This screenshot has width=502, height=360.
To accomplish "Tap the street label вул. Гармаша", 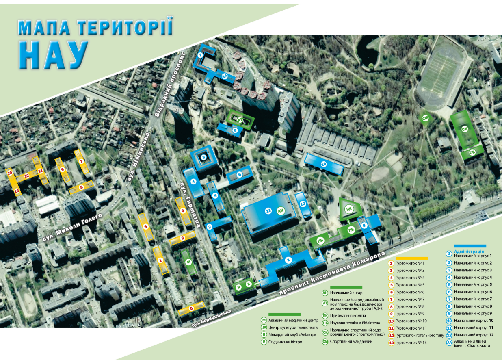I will pyautogui.click(x=190, y=204).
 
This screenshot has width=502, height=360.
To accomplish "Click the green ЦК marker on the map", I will pyautogui.click(x=348, y=209).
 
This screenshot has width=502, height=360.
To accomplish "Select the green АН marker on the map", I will pyautogui.click(x=280, y=211).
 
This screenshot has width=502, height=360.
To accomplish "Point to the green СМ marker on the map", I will pyautogui.click(x=426, y=118).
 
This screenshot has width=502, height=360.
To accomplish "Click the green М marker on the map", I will pyautogui.click(x=188, y=262).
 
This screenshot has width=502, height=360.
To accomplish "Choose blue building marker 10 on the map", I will pyautogui.click(x=324, y=164).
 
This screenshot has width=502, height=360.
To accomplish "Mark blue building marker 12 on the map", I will pyautogui.click(x=302, y=204).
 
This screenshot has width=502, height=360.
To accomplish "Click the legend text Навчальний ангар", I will pyautogui.click(x=346, y=293).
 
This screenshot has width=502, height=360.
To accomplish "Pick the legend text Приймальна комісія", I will pyautogui.click(x=348, y=315).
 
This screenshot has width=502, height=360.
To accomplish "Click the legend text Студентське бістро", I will pyautogui.click(x=285, y=342).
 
